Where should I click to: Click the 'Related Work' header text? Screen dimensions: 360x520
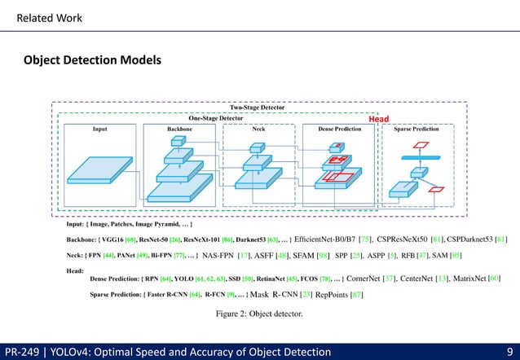(50, 17)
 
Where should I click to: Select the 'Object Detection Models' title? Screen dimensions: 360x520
(92, 60)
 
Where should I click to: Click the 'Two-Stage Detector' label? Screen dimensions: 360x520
(258, 107)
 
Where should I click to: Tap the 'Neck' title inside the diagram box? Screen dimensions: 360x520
(258, 129)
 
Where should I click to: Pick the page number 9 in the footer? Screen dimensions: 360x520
(509, 351)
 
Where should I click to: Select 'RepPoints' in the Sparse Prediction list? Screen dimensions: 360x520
(333, 294)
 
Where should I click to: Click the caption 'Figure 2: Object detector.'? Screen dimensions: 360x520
(258, 313)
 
